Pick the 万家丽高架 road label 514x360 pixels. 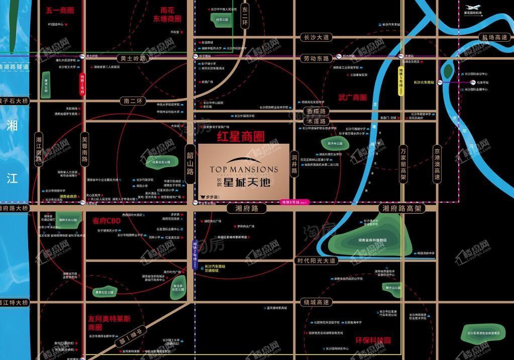click(403, 163)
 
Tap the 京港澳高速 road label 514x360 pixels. click(437, 163)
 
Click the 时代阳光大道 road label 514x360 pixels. click(316, 260)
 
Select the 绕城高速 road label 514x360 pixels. click(316, 302)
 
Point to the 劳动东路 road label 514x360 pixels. click(316, 58)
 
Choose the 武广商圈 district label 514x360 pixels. click(352, 98)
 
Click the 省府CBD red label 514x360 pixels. click(107, 220)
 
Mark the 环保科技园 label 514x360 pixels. click(372, 340)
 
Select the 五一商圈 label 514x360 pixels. click(60, 10)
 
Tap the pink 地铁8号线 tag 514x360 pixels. click(295, 202)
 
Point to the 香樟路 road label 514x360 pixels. click(316, 111)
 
